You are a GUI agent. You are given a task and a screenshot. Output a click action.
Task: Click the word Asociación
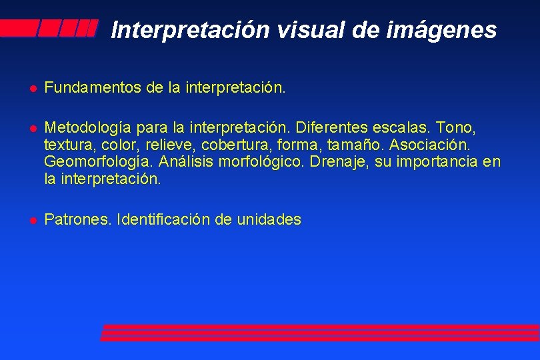click(430, 144)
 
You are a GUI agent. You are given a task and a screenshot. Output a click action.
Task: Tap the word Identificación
click(163, 219)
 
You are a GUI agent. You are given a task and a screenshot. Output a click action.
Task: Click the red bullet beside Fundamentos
click(31, 87)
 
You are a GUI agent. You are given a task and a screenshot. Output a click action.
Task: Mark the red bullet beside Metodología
click(31, 127)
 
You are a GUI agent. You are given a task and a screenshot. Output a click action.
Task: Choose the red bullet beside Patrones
click(31, 220)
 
